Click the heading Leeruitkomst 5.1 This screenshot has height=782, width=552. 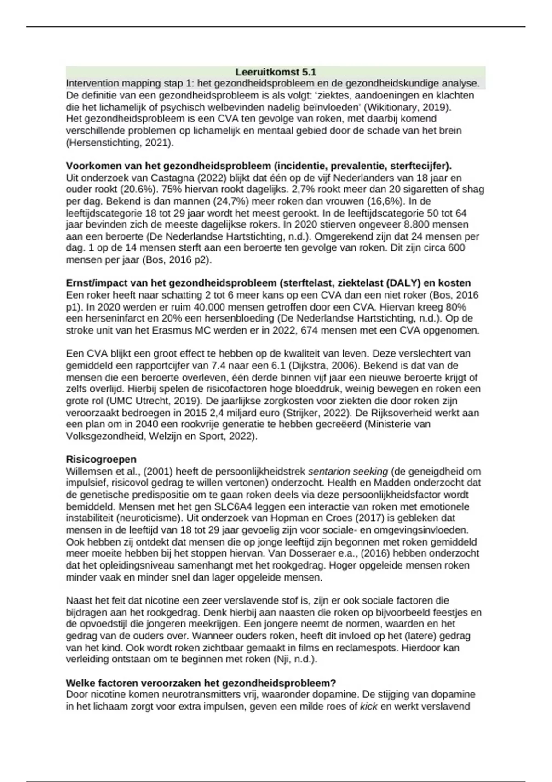[276, 72]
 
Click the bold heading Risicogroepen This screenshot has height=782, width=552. [101, 459]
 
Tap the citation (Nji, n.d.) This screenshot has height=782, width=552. [295, 659]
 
